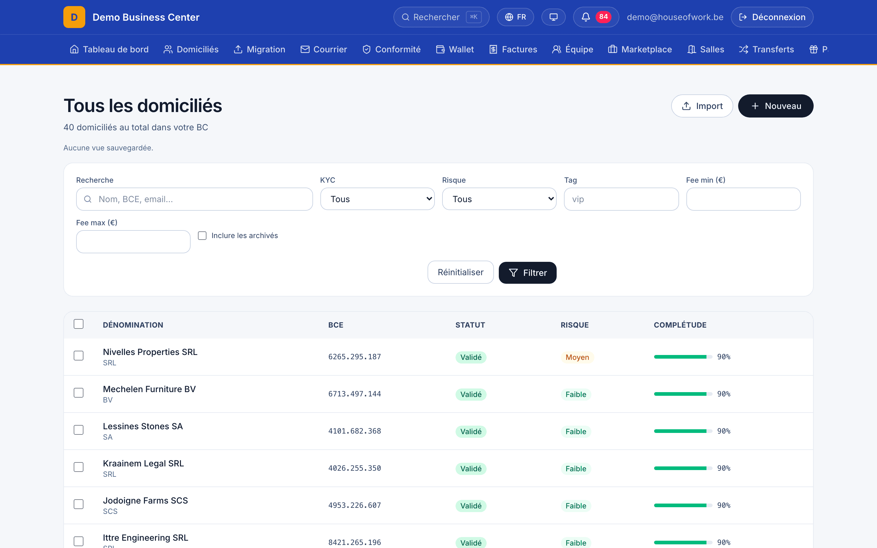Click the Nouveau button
click(776, 106)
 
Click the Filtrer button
click(527, 272)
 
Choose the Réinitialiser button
click(460, 272)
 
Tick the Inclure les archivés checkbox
click(202, 236)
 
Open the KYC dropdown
click(377, 199)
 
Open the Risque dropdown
click(499, 199)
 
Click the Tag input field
click(621, 199)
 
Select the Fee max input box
click(133, 242)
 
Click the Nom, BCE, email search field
click(194, 199)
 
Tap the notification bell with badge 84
click(596, 17)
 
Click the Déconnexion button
click(772, 17)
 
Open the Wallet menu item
click(455, 49)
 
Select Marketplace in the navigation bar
click(640, 49)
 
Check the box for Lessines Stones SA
click(79, 430)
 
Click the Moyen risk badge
click(577, 357)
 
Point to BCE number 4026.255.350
click(354, 468)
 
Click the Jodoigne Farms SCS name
click(145, 501)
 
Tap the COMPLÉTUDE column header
click(680, 325)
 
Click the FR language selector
click(515, 17)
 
